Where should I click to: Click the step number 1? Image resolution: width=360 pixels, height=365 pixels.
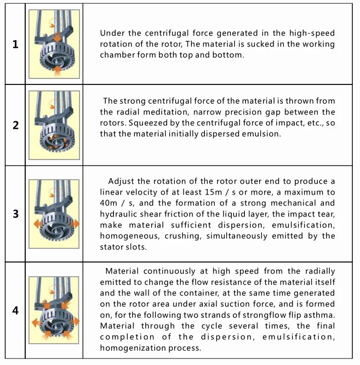[x=15, y=44]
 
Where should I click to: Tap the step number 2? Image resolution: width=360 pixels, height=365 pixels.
[x=15, y=126]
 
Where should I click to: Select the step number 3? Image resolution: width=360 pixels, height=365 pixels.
[x=15, y=214]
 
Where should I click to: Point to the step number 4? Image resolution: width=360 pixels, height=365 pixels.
[x=15, y=310]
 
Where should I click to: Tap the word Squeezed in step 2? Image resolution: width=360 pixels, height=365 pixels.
[x=148, y=123]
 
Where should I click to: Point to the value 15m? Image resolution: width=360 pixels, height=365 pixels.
[x=213, y=192]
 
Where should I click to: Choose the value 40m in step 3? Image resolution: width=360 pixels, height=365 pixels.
[x=108, y=203]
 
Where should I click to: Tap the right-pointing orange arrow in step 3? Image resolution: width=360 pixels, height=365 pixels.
[x=76, y=224]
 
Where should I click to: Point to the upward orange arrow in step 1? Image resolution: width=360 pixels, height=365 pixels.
[x=58, y=71]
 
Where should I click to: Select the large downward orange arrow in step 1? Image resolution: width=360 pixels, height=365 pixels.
[x=58, y=37]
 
